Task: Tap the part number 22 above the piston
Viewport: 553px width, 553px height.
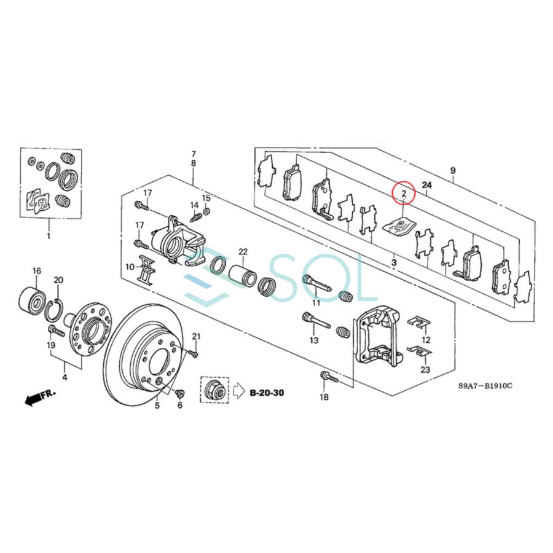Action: click(x=243, y=252)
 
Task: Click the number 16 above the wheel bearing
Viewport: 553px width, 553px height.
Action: click(x=37, y=271)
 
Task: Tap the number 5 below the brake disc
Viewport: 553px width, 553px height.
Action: click(x=157, y=406)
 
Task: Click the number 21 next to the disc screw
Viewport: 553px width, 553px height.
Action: click(x=197, y=335)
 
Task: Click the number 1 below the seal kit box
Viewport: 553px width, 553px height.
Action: click(x=49, y=235)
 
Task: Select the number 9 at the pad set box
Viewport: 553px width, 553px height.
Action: click(x=453, y=170)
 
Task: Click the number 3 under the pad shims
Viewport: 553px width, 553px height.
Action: click(x=393, y=263)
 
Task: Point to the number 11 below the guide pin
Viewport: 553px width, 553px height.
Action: click(x=316, y=304)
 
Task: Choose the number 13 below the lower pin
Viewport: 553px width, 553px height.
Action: click(x=314, y=340)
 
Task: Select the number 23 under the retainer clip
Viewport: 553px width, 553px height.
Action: click(x=426, y=369)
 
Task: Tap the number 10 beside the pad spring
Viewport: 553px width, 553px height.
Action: click(x=130, y=267)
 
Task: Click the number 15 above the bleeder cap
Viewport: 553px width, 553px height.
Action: click(x=206, y=198)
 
